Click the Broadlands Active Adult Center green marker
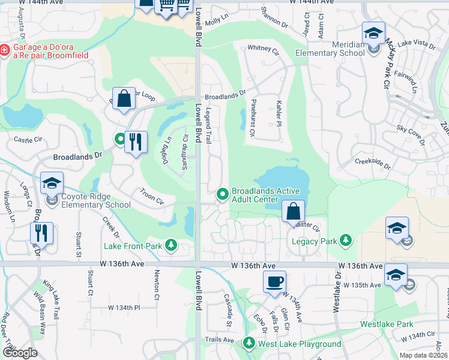223,193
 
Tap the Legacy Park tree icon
346,241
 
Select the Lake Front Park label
133,245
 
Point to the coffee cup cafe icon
274,281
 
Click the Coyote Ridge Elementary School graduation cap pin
52,183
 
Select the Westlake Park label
387,324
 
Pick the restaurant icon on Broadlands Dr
136,142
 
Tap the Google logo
20,353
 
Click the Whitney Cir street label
263,48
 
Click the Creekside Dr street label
372,163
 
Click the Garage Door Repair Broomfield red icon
5,50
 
